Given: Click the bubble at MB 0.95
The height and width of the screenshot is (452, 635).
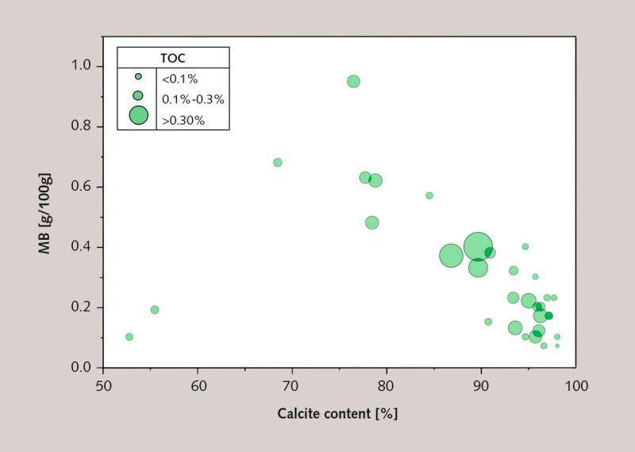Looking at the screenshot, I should click(x=353, y=81).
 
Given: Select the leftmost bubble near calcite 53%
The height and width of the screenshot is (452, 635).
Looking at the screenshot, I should click(x=129, y=337).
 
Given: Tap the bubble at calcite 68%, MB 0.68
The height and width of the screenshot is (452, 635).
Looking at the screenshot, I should click(x=278, y=162).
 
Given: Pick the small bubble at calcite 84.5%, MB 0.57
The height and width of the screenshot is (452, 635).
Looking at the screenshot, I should click(x=429, y=195).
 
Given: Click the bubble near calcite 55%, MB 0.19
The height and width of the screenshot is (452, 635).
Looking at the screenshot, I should click(x=155, y=310).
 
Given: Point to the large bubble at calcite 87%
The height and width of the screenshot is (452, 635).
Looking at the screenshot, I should click(x=451, y=256).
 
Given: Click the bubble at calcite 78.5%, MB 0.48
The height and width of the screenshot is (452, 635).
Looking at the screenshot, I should click(x=372, y=222).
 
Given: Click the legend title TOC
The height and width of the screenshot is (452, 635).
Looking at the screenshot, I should click(x=173, y=58).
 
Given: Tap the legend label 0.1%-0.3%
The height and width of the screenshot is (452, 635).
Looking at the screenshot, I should click(x=193, y=99).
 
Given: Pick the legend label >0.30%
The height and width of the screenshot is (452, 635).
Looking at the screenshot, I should click(x=183, y=121).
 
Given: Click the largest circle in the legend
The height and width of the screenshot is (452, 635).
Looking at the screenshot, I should click(x=139, y=116).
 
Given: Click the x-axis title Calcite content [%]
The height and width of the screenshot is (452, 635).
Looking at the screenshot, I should click(x=337, y=414).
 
